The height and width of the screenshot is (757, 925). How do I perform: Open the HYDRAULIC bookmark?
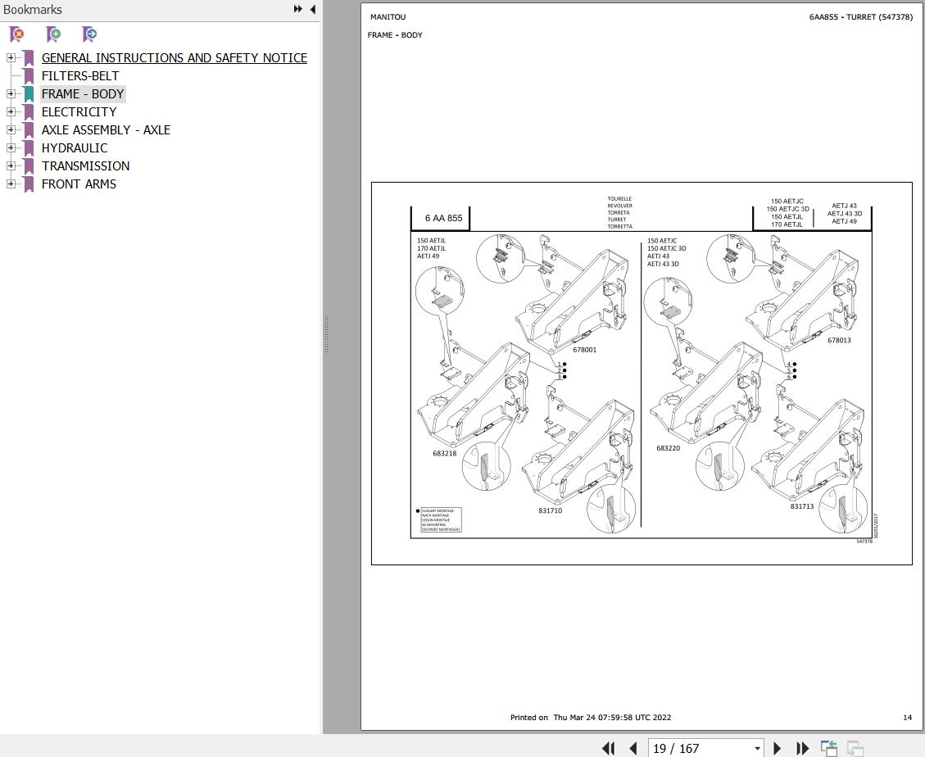pyautogui.click(x=75, y=148)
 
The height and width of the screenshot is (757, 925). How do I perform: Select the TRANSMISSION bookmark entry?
pyautogui.click(x=85, y=166)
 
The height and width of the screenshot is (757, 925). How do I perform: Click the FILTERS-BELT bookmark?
pyautogui.click(x=80, y=76)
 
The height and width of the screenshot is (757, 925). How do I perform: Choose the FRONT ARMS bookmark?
pyautogui.click(x=79, y=184)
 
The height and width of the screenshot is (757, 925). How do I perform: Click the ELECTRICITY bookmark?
pyautogui.click(x=79, y=112)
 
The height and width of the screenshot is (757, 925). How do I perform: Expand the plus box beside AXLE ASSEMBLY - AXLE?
pyautogui.click(x=11, y=130)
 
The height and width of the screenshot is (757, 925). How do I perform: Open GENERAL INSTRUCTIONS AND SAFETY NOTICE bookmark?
pyautogui.click(x=175, y=58)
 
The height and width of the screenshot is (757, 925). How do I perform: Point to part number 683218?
pyautogui.click(x=445, y=453)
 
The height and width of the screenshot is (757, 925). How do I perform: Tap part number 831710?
pyautogui.click(x=550, y=510)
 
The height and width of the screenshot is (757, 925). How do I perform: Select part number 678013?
pyautogui.click(x=839, y=340)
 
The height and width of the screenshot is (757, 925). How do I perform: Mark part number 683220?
pyautogui.click(x=668, y=448)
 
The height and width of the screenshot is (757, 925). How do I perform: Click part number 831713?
pyautogui.click(x=802, y=506)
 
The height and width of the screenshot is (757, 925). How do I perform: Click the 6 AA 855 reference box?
pyautogui.click(x=443, y=218)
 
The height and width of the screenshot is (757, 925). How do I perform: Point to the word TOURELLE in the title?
pyautogui.click(x=619, y=198)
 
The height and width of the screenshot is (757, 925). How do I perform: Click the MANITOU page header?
pyautogui.click(x=388, y=17)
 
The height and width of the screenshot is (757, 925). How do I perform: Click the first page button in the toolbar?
pyautogui.click(x=608, y=748)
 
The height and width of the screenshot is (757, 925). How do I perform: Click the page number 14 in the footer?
pyautogui.click(x=907, y=718)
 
